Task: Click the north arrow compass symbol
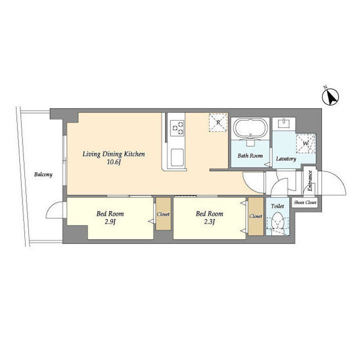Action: point(330,97)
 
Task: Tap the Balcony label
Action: point(43,174)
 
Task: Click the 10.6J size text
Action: point(113,162)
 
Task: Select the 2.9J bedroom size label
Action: point(110,222)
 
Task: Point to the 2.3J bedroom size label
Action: point(209,222)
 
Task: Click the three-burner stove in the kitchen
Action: point(177,128)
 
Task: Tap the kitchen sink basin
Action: point(177,157)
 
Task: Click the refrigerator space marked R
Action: point(218,122)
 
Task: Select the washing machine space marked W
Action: point(306,143)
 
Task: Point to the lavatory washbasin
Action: point(284,123)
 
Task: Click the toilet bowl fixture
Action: point(277,221)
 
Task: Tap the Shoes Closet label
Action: point(305,202)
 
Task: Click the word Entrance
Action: point(309,180)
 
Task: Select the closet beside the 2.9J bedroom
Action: point(163,214)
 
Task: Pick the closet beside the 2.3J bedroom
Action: point(256,216)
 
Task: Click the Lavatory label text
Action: point(286,158)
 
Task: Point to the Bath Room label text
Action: point(250,155)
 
